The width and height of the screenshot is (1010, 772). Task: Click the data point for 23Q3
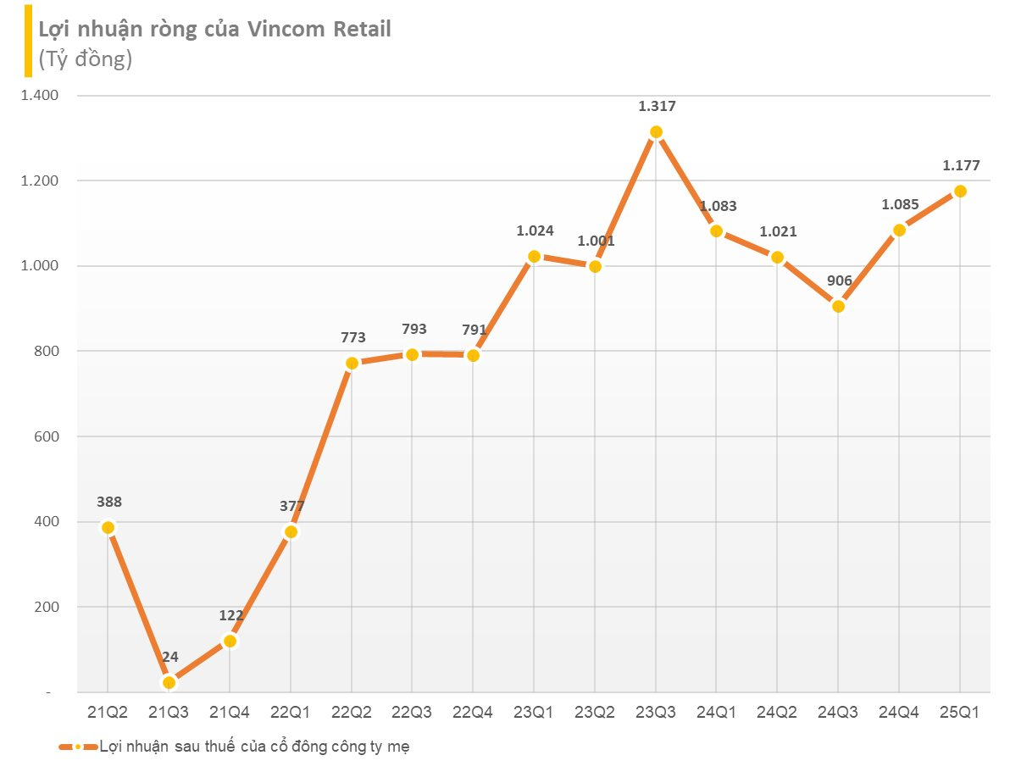coord(656,132)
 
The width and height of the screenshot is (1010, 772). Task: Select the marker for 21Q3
coord(169,682)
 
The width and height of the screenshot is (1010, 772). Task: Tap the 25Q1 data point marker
coord(960,191)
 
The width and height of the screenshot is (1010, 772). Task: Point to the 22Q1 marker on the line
coord(291,532)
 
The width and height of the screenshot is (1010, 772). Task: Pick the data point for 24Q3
coord(838,306)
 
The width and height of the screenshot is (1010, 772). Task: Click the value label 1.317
coord(657,106)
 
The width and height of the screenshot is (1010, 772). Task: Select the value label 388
coord(109,502)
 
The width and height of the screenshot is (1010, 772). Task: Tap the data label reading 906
coord(839,280)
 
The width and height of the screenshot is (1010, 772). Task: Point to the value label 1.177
coord(960,166)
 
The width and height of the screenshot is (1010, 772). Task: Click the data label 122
coord(230,616)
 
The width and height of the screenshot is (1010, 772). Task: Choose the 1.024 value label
coord(535,230)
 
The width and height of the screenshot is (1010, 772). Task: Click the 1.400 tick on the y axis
coord(39,96)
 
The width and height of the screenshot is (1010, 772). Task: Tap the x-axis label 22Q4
coord(474,713)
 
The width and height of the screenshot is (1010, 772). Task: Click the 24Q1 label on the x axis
coord(717,713)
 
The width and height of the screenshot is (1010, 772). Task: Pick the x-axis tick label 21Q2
coord(108,713)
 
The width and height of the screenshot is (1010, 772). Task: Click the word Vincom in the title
coord(286,29)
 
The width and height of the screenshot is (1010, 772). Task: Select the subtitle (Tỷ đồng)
coord(85,59)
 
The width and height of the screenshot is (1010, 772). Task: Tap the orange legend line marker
coord(77,747)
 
